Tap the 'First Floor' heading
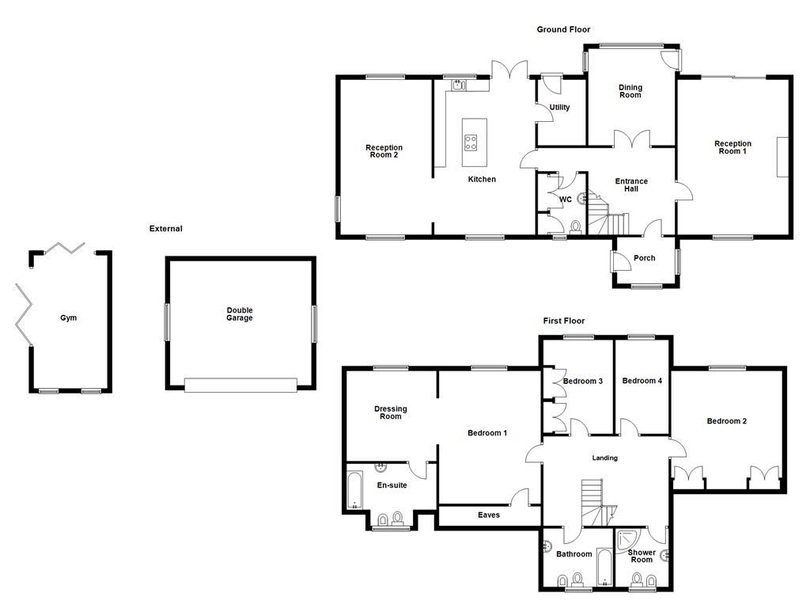563,321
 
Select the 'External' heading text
166,229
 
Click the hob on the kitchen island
471,142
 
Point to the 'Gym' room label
69,318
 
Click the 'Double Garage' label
240,314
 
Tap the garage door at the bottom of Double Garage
240,386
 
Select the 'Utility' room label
559,108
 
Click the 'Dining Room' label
630,91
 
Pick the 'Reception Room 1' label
732,147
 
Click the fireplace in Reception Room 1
782,157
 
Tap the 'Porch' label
645,258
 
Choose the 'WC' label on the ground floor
566,199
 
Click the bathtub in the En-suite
354,490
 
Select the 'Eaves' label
489,515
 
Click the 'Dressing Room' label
391,412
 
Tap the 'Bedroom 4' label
642,381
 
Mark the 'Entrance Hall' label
631,185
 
